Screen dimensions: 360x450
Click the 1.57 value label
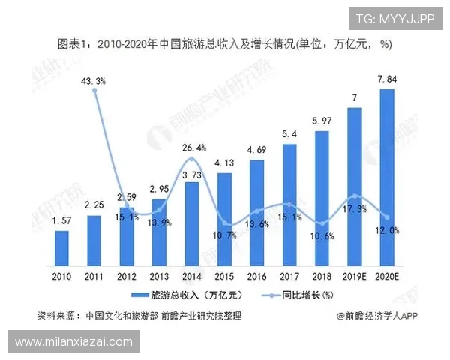click(61, 221)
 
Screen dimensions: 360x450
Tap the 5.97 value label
click(322, 120)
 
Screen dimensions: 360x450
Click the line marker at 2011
click(94, 90)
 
